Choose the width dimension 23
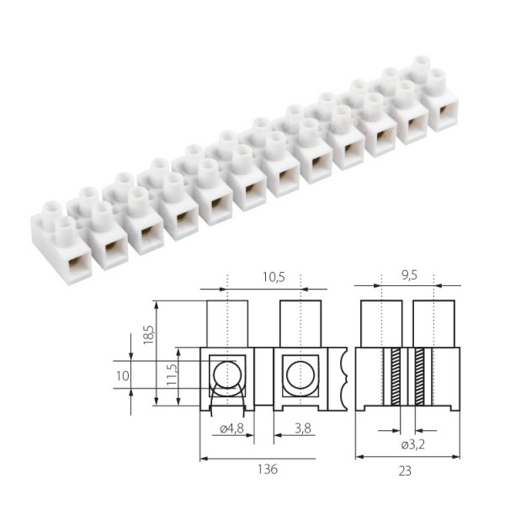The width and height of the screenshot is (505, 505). pos(407,470)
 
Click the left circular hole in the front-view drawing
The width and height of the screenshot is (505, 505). pos(227,374)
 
